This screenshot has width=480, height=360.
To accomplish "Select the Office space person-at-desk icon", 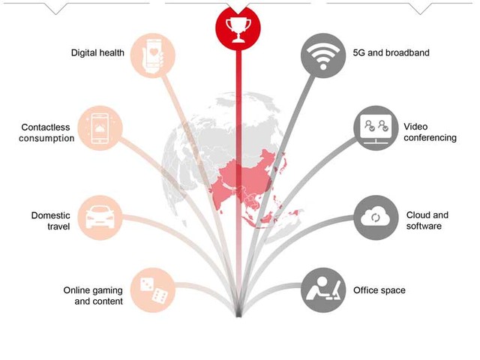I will coord(323,289).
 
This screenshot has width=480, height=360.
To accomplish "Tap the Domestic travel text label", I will coord(51,220).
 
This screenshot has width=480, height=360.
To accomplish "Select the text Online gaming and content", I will coord(93,295).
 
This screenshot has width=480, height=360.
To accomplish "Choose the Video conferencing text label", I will coord(430,132).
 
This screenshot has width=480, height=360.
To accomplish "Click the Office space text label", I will coord(379,290).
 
